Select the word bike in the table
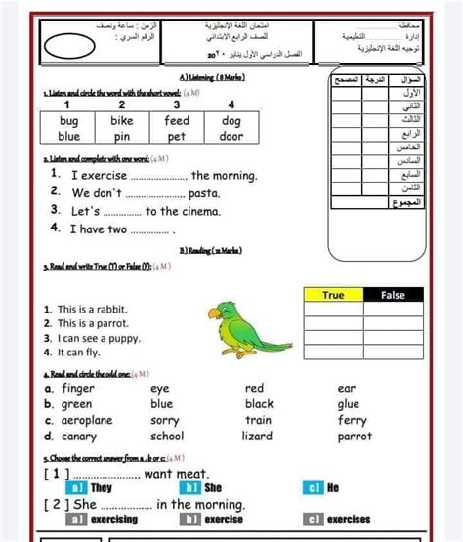click(x=122, y=121)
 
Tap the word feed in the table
click(x=177, y=121)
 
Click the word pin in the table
click(x=122, y=137)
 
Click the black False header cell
click(x=393, y=294)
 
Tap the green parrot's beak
click(x=211, y=313)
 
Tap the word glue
click(x=349, y=403)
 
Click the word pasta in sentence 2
click(x=204, y=193)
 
